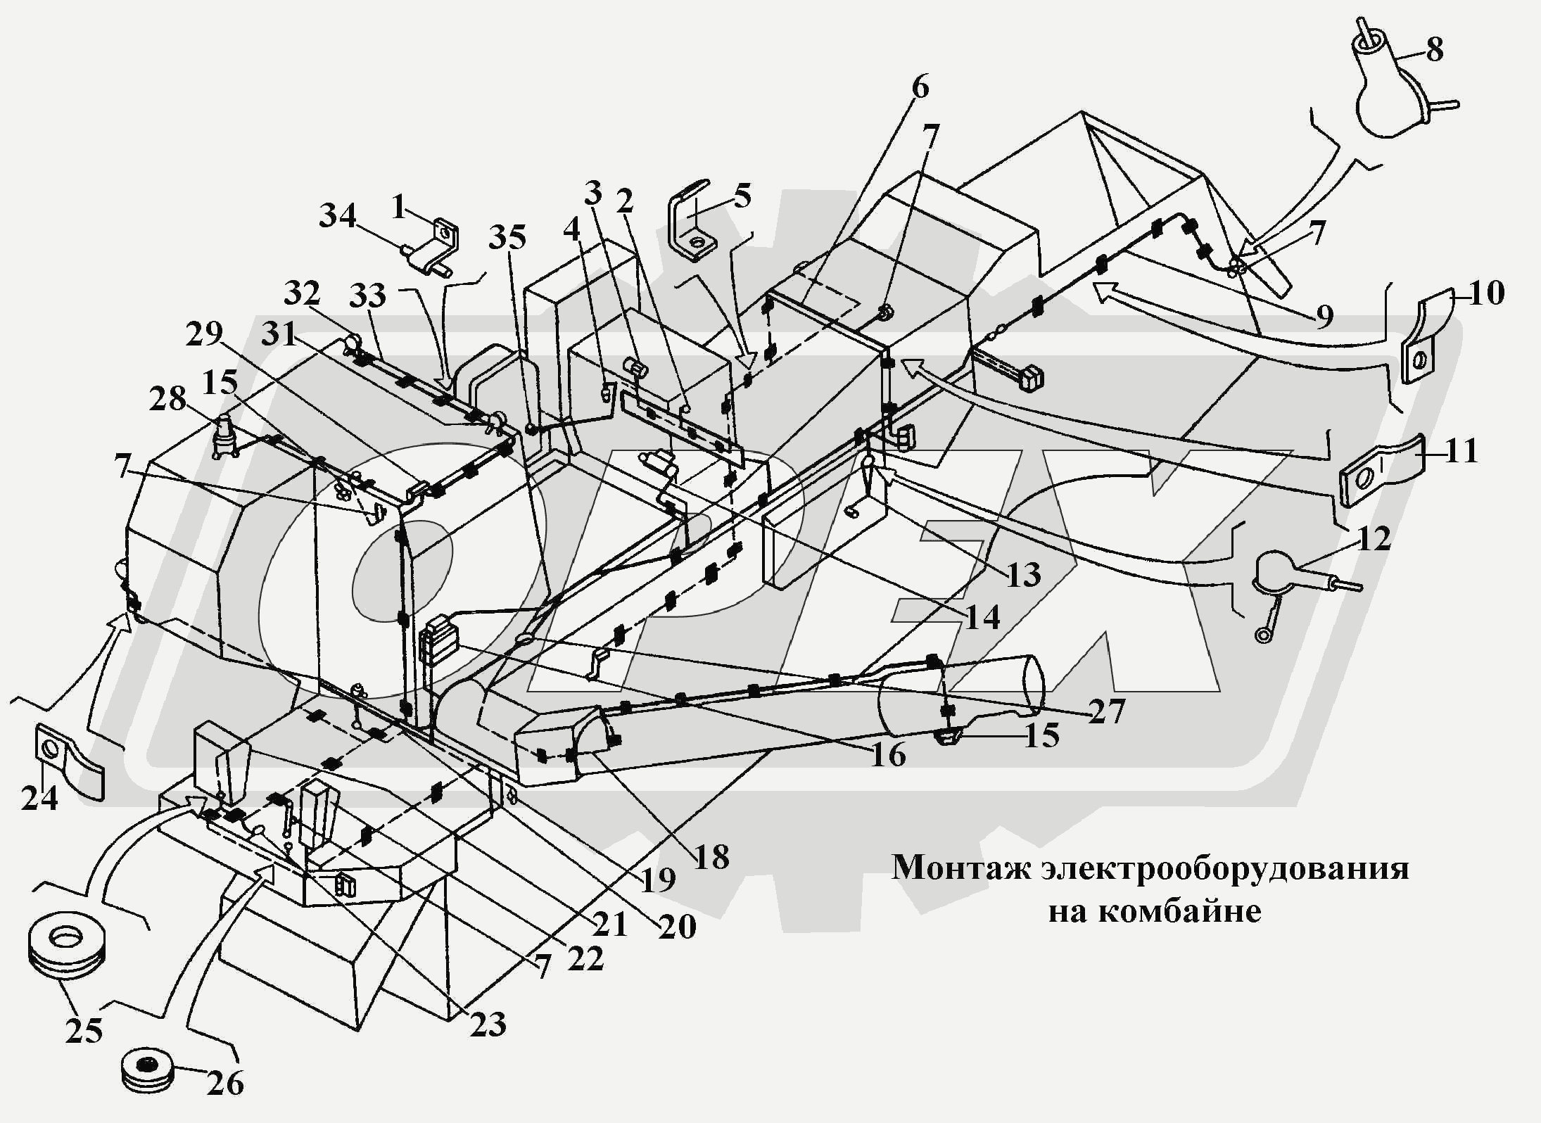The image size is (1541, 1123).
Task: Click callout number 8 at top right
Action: [x=1433, y=49]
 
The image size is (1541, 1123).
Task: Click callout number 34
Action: [x=338, y=215]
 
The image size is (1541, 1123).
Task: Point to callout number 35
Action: [x=507, y=239]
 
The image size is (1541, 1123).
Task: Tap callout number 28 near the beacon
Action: [x=167, y=400]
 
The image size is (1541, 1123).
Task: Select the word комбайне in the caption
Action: [x=1179, y=912]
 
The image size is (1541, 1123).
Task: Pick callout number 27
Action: [x=1106, y=711]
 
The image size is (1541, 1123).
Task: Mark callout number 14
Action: [x=982, y=618]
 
